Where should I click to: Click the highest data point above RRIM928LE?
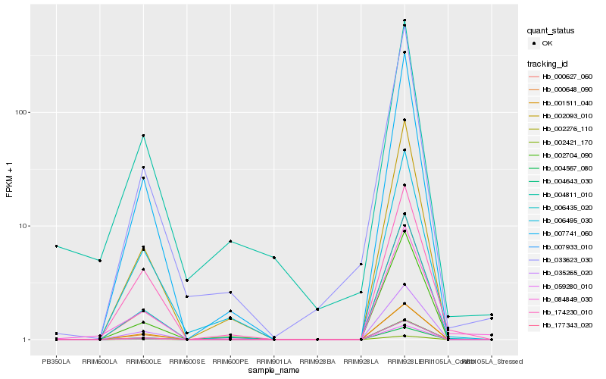[405, 20]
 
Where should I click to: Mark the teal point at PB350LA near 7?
[56, 246]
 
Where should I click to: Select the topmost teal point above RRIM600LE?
[143, 136]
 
